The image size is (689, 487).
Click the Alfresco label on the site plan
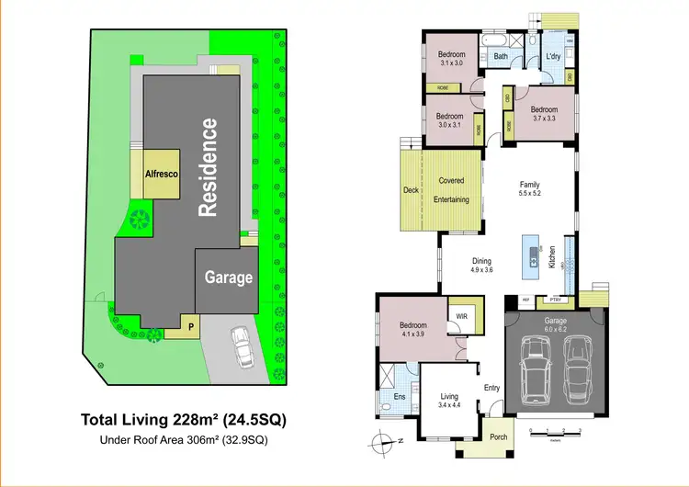point(161,172)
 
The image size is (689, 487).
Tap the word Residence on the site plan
point(208,166)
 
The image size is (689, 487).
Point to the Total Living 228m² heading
point(184,420)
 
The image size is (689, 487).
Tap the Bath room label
point(501,57)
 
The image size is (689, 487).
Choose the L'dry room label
point(553,57)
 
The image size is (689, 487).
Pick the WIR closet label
point(458,319)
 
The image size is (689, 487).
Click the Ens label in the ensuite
point(400,397)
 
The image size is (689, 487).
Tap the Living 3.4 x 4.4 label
point(450,399)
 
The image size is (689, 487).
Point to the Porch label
point(498,436)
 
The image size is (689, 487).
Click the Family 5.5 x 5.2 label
point(529,188)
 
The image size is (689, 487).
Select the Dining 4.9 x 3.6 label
point(482,265)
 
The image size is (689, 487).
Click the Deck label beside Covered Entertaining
point(411,191)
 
